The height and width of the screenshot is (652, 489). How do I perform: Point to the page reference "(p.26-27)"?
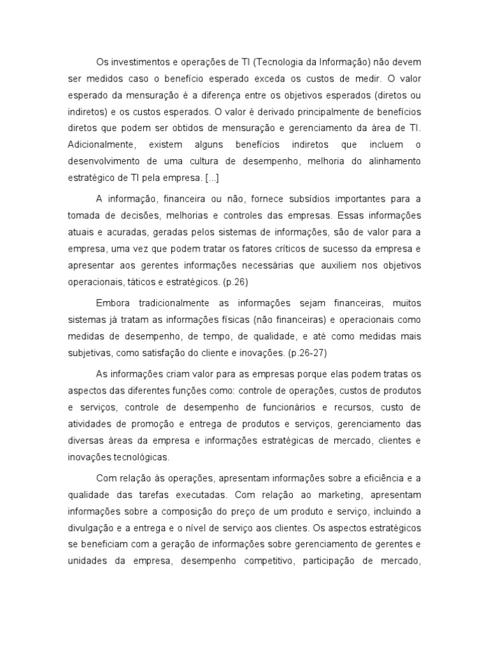(308, 352)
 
